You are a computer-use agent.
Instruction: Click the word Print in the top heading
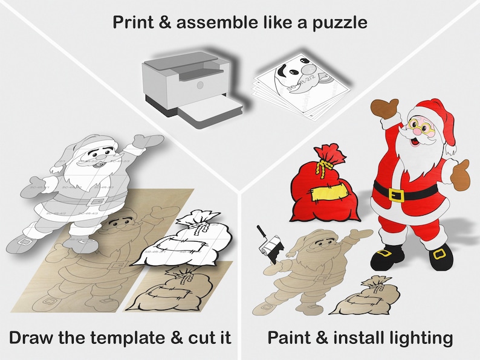pyautogui.click(x=134, y=23)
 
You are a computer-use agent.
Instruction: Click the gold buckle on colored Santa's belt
pyautogui.click(x=397, y=194)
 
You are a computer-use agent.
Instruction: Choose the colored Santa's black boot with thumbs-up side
pyautogui.click(x=440, y=257)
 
